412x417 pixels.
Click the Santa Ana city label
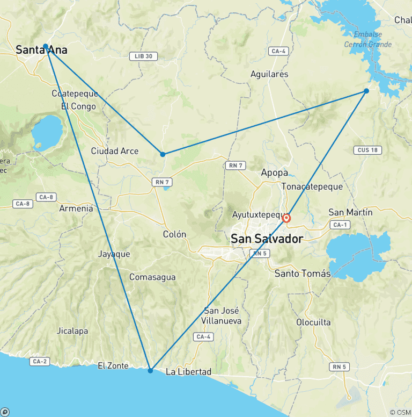coord(41,50)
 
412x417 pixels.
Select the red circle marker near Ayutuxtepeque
coord(286,218)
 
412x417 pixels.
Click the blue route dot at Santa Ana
coord(46,46)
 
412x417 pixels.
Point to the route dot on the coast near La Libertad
coord(150,371)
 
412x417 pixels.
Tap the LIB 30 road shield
coord(144,56)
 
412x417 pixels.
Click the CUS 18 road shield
coord(367,150)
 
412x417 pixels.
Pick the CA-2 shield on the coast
coord(40,361)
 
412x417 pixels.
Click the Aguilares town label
coord(269,74)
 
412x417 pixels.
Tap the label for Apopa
coord(274,172)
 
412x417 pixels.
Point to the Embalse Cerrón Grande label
coord(368,39)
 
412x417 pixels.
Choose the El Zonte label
coord(113,366)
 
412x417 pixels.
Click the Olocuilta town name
coord(313,322)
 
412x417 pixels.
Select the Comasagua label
coord(152,277)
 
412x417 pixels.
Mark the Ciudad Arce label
coord(114,151)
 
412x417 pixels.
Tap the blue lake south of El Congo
coord(47,132)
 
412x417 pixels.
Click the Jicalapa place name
coord(72,331)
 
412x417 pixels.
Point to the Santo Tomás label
coord(303,274)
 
